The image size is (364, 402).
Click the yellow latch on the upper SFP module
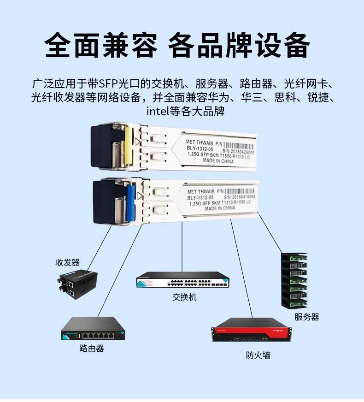[x=129, y=147]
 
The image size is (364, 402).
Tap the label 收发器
[x=67, y=262]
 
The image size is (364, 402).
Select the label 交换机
[x=184, y=297]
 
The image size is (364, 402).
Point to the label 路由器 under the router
[x=92, y=348]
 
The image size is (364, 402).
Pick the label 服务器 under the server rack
[x=306, y=317]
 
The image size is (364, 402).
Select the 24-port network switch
[x=183, y=280]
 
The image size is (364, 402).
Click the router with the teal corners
[x=94, y=329]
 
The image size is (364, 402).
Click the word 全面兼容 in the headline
[x=102, y=45]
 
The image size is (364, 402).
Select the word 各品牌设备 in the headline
[x=239, y=45]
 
